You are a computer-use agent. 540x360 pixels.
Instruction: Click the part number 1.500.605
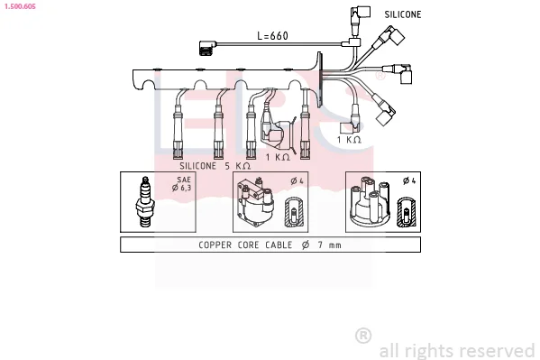point(20,6)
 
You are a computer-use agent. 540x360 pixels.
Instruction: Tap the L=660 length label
point(272,35)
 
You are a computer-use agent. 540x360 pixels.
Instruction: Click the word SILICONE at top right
point(403,14)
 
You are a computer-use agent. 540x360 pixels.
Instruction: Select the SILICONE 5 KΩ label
point(215,166)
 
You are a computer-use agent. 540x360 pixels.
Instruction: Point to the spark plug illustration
point(145,202)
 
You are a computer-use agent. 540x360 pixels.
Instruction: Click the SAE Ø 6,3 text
point(182,184)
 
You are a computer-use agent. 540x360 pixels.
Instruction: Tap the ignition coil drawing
point(256,202)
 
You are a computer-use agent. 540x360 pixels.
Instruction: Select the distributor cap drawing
point(370,202)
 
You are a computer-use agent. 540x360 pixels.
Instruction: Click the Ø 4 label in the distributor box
point(409,180)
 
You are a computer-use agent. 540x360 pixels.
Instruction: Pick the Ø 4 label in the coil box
point(297,180)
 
